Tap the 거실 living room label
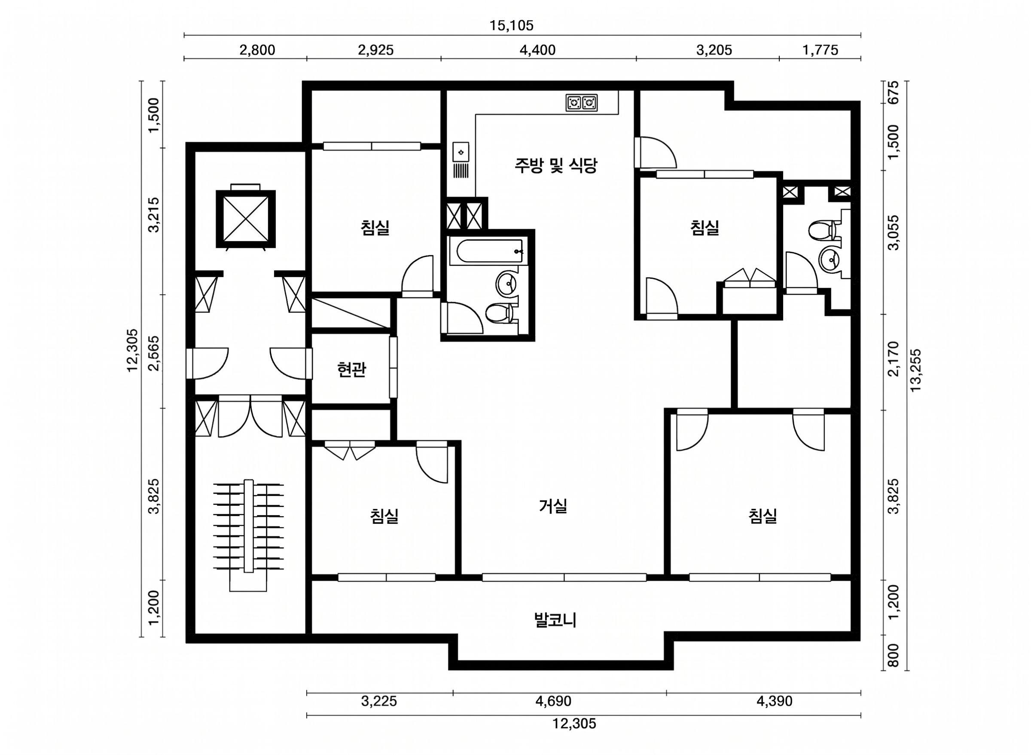point(553,506)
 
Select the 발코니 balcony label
point(555,621)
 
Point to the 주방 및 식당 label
point(555,165)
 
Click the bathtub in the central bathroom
point(486,251)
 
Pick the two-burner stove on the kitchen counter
point(582,103)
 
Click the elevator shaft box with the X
point(246,220)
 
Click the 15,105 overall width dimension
point(512,26)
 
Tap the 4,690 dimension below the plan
point(553,701)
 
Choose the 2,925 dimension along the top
point(375,50)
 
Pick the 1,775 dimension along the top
point(821,50)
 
